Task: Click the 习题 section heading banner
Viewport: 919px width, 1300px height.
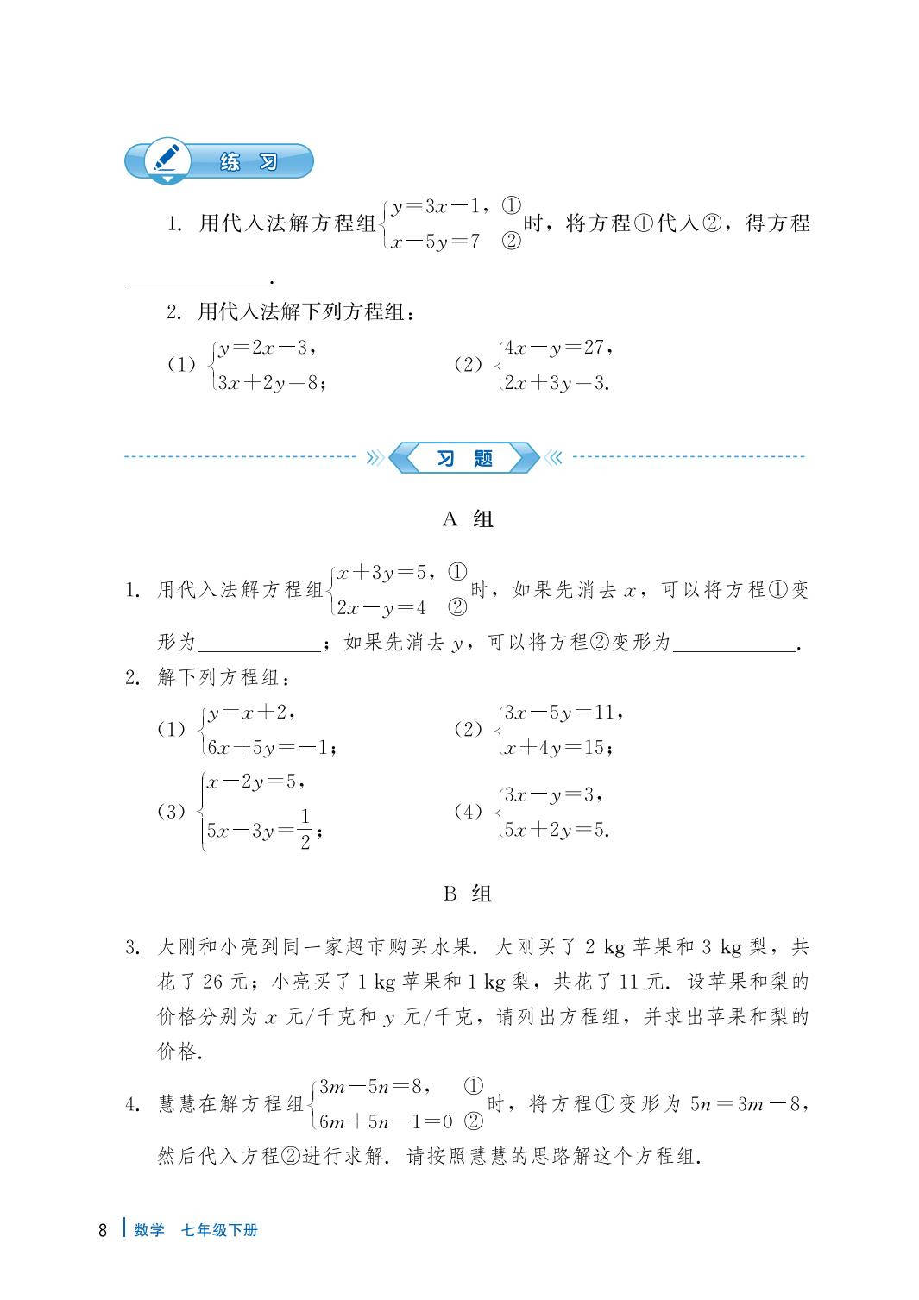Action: [x=464, y=458]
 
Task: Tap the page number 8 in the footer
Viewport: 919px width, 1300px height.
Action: [x=103, y=1230]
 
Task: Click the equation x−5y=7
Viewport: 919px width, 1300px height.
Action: [x=434, y=242]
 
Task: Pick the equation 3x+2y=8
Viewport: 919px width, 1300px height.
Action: [x=270, y=383]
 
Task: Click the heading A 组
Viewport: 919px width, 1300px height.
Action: [x=467, y=519]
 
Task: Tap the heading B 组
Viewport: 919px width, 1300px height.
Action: [x=467, y=894]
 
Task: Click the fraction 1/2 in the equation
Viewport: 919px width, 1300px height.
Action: [x=305, y=830]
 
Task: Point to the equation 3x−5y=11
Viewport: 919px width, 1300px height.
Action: [x=561, y=713]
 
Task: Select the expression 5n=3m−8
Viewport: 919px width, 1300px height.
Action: [x=746, y=1104]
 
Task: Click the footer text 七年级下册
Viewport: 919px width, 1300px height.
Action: [x=219, y=1230]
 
